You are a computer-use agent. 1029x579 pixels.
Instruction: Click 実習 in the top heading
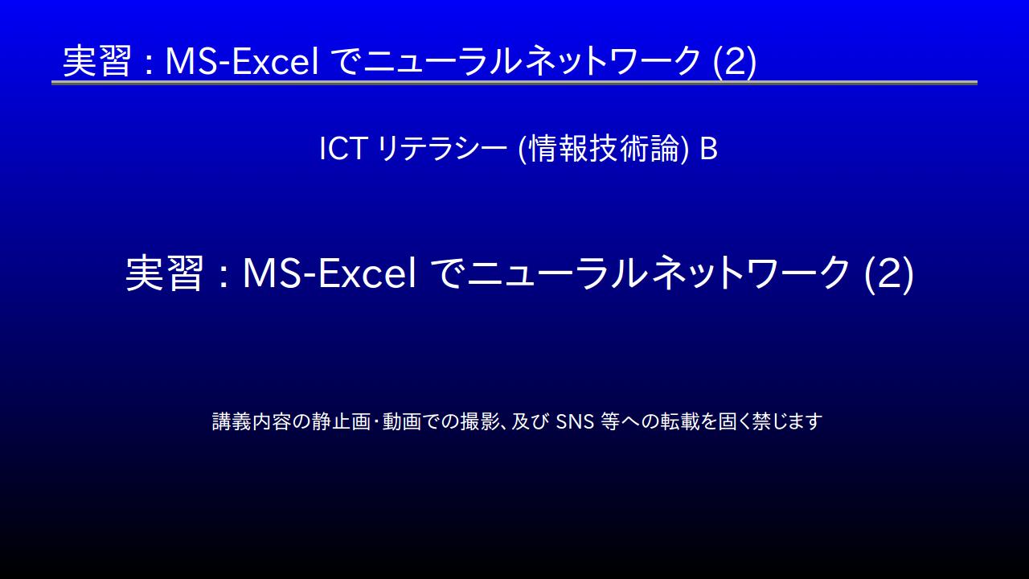tap(97, 61)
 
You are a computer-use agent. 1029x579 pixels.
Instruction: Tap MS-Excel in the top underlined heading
tap(242, 61)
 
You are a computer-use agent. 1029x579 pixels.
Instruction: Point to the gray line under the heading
tap(514, 83)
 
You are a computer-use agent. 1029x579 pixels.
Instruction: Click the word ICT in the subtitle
tap(342, 149)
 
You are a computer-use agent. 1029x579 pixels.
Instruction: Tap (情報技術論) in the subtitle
tap(603, 149)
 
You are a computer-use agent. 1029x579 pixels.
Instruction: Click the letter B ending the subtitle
tap(708, 149)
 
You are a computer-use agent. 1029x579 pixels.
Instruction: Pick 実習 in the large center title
tap(164, 273)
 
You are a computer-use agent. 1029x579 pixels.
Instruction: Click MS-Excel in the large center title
tap(330, 273)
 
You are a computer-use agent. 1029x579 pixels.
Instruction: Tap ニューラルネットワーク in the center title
tap(658, 273)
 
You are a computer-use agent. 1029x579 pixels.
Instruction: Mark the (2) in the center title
tap(889, 274)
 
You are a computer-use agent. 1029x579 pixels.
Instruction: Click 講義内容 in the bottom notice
tap(252, 421)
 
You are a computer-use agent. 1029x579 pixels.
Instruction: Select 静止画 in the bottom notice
tap(341, 421)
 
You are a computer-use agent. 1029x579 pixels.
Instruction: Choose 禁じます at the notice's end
tap(787, 421)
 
